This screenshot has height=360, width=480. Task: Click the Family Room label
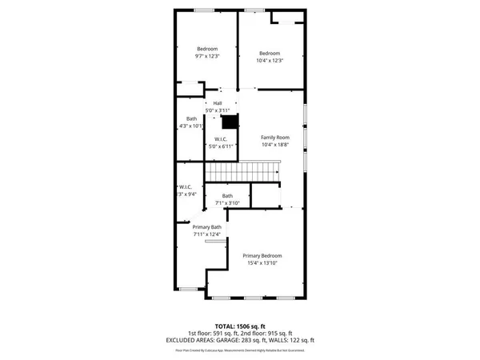pos(275,138)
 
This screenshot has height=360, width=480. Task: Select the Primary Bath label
pos(206,226)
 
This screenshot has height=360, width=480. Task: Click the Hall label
pos(217,103)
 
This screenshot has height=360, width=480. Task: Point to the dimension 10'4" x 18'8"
pos(275,145)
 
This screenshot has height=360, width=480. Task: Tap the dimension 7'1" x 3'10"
pos(228,203)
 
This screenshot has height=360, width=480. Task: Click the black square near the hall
pos(230,122)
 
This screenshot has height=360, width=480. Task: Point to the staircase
pos(242,171)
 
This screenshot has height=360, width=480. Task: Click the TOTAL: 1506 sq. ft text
pos(240,326)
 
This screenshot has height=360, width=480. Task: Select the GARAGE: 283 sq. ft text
pos(259,339)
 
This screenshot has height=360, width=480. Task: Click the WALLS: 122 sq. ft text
pos(298,339)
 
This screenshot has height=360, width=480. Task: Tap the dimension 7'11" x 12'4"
pos(206,234)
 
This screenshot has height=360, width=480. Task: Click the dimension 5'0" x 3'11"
pos(217,110)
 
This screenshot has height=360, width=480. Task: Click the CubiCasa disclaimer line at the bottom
pos(240,349)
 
